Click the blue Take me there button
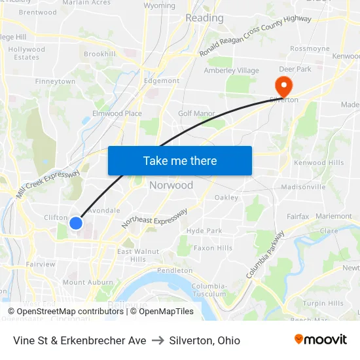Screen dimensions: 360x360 click(179, 160)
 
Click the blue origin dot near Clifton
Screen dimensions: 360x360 click(76, 223)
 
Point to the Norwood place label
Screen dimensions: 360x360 click(171, 185)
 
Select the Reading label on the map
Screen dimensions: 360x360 click(204, 18)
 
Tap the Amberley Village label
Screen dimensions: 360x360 click(232, 71)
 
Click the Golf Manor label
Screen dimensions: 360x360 click(196, 113)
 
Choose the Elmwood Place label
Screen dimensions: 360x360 click(117, 113)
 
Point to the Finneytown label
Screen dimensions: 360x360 click(55, 82)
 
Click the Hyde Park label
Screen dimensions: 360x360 click(204, 230)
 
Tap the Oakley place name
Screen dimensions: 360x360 click(226, 197)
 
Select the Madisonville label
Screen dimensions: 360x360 click(302, 187)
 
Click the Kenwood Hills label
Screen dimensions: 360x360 click(319, 163)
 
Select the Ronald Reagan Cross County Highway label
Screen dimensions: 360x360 click(256, 36)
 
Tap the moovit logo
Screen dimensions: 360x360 click(320, 340)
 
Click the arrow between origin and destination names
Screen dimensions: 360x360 click(158, 340)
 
